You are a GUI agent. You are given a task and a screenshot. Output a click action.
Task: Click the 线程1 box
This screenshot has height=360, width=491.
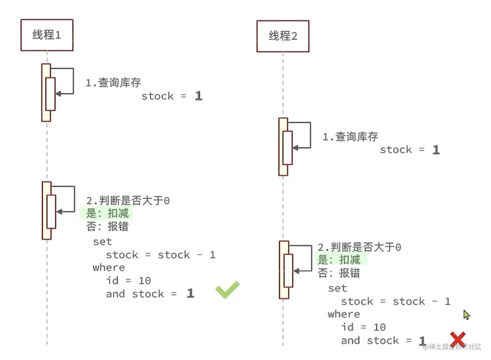click(47, 35)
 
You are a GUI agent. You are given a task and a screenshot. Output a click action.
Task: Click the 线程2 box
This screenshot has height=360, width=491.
click(283, 36)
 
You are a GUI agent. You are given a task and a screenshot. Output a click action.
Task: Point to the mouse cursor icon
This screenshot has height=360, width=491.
click(466, 314)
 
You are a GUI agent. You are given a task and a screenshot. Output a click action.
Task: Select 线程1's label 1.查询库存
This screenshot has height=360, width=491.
click(113, 83)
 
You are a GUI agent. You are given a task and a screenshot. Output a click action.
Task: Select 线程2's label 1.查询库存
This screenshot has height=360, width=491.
click(350, 137)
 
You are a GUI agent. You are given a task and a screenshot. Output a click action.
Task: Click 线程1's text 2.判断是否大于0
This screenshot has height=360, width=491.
click(128, 200)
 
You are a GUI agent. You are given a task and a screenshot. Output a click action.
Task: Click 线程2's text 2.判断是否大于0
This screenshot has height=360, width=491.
click(359, 247)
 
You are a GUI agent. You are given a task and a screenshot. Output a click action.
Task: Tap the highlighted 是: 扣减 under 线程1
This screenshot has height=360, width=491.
click(107, 213)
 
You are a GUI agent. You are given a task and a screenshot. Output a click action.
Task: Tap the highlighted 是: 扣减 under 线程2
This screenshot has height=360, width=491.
click(339, 260)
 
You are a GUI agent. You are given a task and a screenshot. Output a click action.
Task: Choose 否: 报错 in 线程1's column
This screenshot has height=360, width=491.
click(107, 226)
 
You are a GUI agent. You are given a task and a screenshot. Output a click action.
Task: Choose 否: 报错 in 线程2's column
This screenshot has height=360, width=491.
click(339, 273)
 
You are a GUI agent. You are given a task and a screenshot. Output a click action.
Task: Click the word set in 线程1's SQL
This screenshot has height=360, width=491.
click(102, 242)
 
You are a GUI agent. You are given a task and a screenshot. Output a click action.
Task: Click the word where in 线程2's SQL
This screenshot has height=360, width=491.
click(344, 314)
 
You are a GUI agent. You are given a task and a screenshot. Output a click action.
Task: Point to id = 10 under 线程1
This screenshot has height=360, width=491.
click(128, 281)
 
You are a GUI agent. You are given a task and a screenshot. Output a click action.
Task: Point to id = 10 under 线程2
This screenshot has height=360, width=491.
click(364, 328)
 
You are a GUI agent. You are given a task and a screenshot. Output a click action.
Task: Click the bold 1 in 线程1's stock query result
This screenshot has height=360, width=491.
click(198, 96)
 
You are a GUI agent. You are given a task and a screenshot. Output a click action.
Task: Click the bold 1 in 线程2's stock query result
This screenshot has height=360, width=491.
click(436, 150)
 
